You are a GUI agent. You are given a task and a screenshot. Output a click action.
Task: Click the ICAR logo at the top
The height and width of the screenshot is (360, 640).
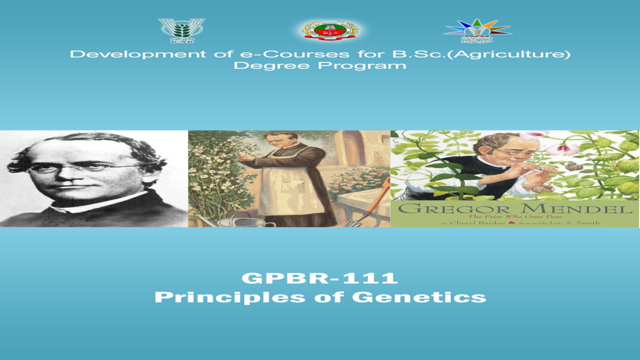181,30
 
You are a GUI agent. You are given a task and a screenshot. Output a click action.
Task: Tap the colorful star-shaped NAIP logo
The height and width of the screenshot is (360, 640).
477,30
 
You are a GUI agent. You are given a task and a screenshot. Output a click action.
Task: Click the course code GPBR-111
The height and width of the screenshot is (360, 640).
320,278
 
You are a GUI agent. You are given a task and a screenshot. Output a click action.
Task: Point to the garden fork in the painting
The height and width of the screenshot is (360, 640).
368,208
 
